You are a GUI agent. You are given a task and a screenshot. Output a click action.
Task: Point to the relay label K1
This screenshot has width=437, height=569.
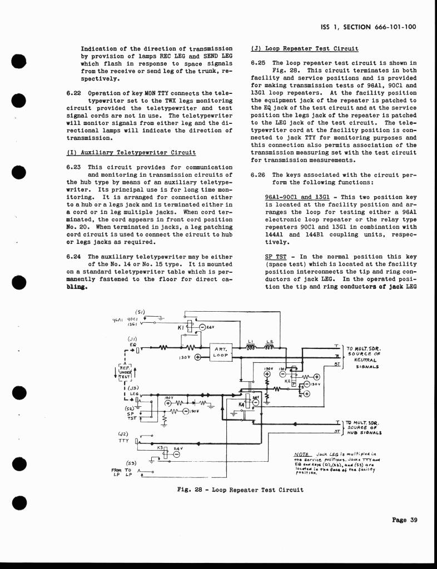tap(180, 328)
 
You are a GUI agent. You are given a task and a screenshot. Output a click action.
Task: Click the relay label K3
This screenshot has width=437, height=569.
tap(159, 447)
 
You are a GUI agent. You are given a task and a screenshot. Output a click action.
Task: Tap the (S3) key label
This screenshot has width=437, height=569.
tap(132, 462)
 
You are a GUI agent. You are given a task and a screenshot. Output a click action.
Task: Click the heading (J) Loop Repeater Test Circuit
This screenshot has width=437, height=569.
tap(305, 49)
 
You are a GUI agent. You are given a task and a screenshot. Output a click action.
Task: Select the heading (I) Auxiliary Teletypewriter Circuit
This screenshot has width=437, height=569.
tap(131, 152)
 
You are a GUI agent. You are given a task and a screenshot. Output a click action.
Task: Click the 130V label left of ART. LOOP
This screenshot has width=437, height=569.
tap(185, 358)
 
